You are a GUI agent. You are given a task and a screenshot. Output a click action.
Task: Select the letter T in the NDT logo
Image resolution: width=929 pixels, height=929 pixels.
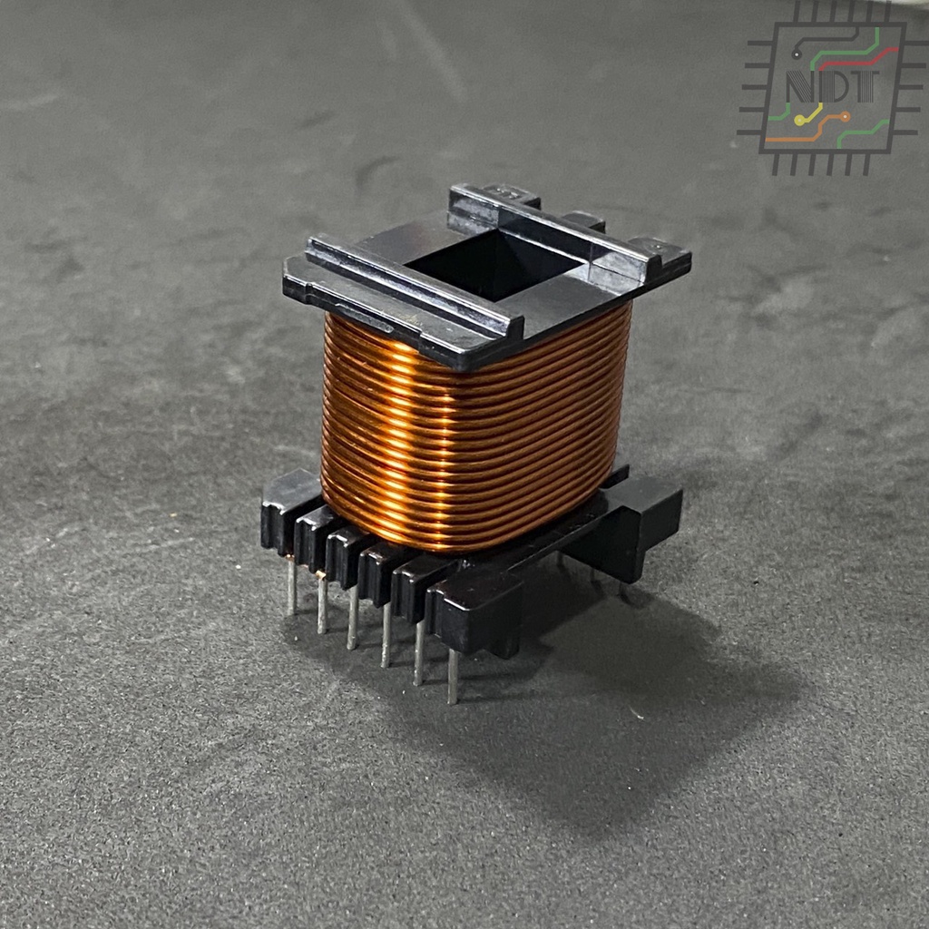(x=865, y=86)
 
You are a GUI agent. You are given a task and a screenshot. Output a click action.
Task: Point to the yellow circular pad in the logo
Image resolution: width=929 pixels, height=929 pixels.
(x=800, y=121)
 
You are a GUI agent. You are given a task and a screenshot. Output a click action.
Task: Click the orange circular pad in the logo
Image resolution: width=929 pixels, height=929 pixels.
(x=845, y=116)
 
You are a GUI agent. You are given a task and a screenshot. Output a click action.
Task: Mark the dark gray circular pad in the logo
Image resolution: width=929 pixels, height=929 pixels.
(x=797, y=54)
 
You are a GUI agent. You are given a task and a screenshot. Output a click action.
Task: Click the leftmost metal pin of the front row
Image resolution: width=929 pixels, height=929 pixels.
(x=291, y=586)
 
